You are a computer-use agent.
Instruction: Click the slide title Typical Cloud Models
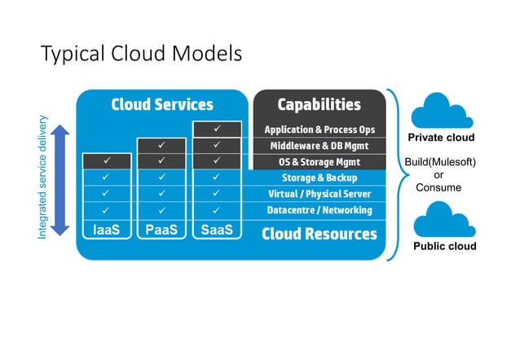[x=141, y=55]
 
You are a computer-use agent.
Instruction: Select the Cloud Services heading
[x=162, y=104]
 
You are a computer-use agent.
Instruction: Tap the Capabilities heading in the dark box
[x=319, y=104]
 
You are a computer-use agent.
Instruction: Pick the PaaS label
[x=161, y=230]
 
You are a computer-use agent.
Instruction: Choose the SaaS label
[x=216, y=230]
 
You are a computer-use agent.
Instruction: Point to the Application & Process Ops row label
[x=319, y=130]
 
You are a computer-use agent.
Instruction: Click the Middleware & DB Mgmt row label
[x=319, y=146]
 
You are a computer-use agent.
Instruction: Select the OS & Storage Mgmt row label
[x=319, y=161]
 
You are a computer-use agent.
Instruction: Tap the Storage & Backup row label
[x=319, y=178]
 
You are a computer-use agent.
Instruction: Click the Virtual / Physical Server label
[x=319, y=194]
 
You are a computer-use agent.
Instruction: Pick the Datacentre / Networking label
[x=319, y=210]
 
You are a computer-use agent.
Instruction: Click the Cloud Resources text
[x=319, y=234]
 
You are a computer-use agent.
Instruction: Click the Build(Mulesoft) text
[x=440, y=162]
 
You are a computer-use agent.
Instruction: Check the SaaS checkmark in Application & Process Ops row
[x=216, y=130]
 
